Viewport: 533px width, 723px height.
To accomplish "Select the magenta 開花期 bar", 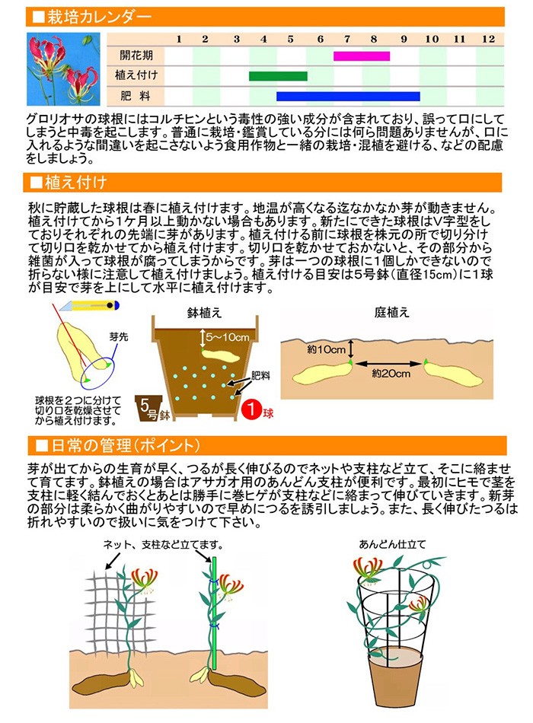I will (x=362, y=56).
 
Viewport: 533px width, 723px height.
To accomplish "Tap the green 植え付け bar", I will (x=278, y=76).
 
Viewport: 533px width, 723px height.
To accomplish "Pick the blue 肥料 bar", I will (x=348, y=97).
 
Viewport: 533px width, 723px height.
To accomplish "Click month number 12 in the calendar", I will (x=488, y=39).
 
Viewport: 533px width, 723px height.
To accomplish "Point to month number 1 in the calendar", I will (x=178, y=39).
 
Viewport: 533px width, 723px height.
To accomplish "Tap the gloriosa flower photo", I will (x=65, y=68).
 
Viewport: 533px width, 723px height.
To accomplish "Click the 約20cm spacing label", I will (x=391, y=374).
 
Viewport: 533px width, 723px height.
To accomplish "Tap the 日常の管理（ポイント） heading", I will (x=122, y=444).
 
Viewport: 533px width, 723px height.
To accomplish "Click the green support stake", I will (x=215, y=609).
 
